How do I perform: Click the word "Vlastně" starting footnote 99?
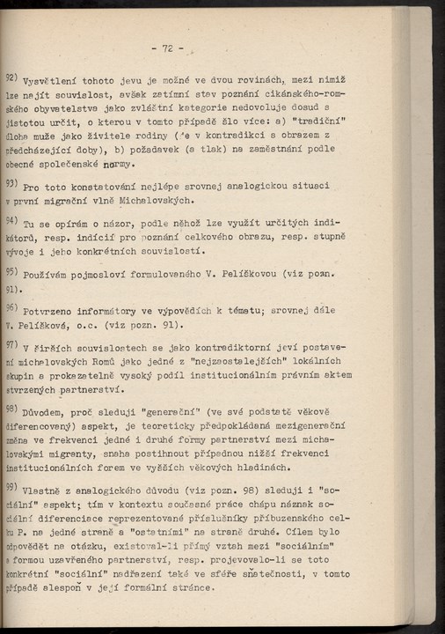click(x=46, y=490)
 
